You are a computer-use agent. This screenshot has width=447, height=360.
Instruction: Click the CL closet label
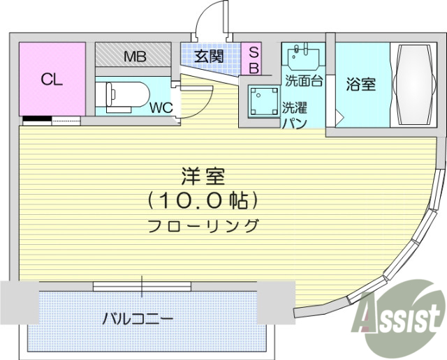[51, 79]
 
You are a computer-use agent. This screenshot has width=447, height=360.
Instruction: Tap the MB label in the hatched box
[134, 57]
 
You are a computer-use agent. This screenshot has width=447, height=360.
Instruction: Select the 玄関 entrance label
[209, 57]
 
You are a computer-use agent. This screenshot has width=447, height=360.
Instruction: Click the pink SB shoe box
[254, 59]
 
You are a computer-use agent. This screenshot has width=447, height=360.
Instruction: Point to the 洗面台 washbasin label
[303, 80]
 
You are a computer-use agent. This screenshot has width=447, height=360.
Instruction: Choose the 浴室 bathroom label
[361, 84]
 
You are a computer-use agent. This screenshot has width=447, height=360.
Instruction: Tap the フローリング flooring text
[203, 225]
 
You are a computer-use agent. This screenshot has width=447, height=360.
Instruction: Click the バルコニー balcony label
[138, 319]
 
